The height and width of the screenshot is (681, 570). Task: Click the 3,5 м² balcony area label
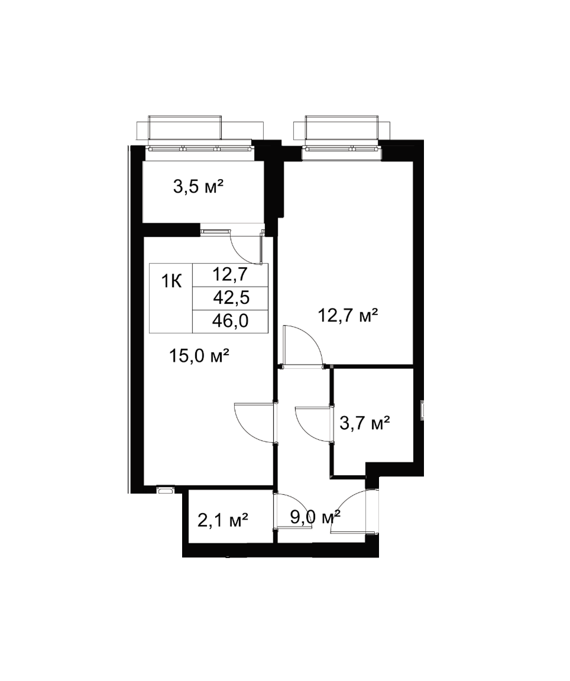coord(198,187)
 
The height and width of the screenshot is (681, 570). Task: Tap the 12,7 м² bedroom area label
coord(348,315)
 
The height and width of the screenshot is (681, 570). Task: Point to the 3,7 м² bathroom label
coord(364,423)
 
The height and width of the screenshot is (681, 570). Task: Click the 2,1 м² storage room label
coord(223,520)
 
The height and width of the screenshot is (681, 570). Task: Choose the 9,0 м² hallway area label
coord(315,517)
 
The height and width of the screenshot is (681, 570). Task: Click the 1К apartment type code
coord(171,282)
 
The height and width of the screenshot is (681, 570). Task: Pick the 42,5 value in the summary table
coord(230,298)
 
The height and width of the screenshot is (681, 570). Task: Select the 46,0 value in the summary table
coord(230,321)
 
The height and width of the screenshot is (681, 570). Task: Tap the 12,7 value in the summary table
coord(230,274)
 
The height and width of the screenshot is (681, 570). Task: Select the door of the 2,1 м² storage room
coord(293,511)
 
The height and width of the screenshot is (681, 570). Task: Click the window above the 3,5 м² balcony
coord(200,148)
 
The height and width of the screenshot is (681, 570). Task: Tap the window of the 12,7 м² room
coord(341,148)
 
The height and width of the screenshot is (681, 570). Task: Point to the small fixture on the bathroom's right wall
coord(422,410)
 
